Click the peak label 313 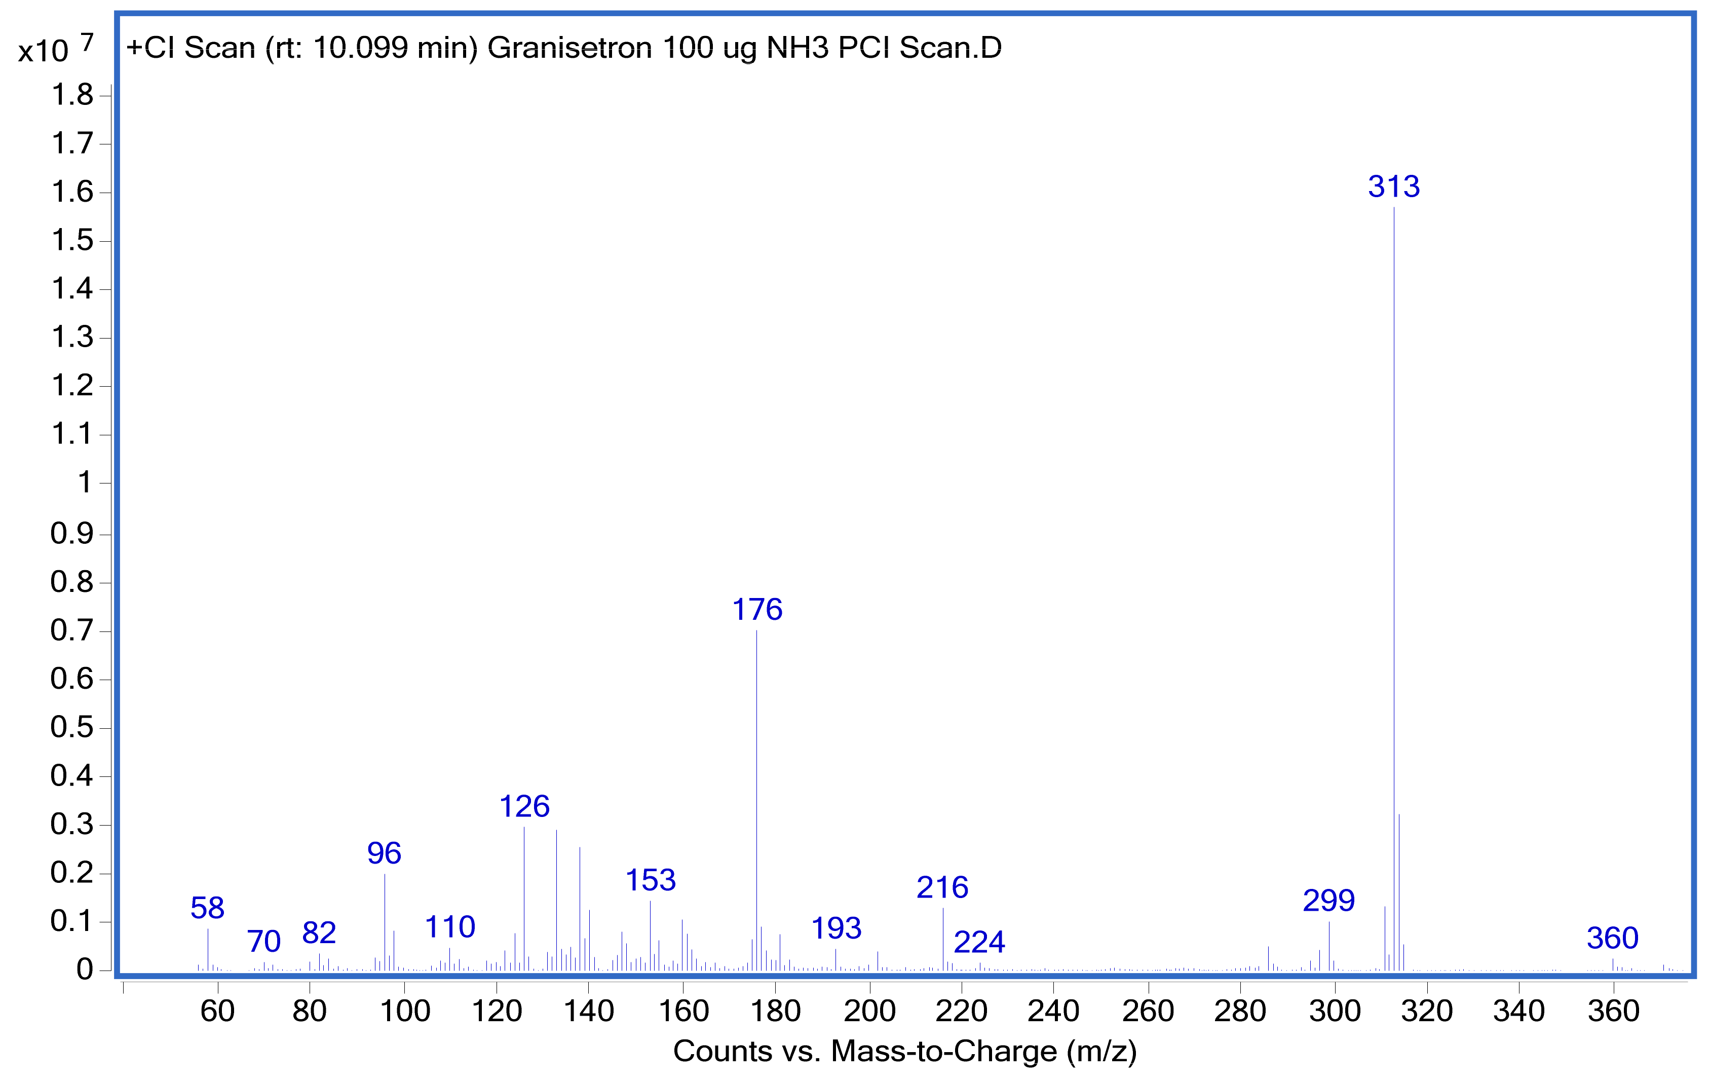[1393, 187]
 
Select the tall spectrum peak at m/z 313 [1394, 568]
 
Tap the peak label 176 [757, 609]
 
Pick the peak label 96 [384, 853]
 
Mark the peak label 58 [207, 908]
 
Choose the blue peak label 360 [1613, 938]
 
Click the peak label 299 [1328, 901]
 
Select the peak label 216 [942, 887]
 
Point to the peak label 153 [651, 881]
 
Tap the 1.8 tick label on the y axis [72, 94]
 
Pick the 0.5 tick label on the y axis [72, 727]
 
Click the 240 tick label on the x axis [1053, 1011]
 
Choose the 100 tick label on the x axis [405, 1011]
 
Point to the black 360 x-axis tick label [1613, 1011]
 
